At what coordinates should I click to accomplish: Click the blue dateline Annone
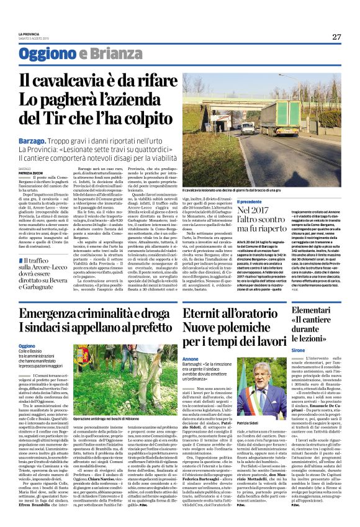191,359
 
